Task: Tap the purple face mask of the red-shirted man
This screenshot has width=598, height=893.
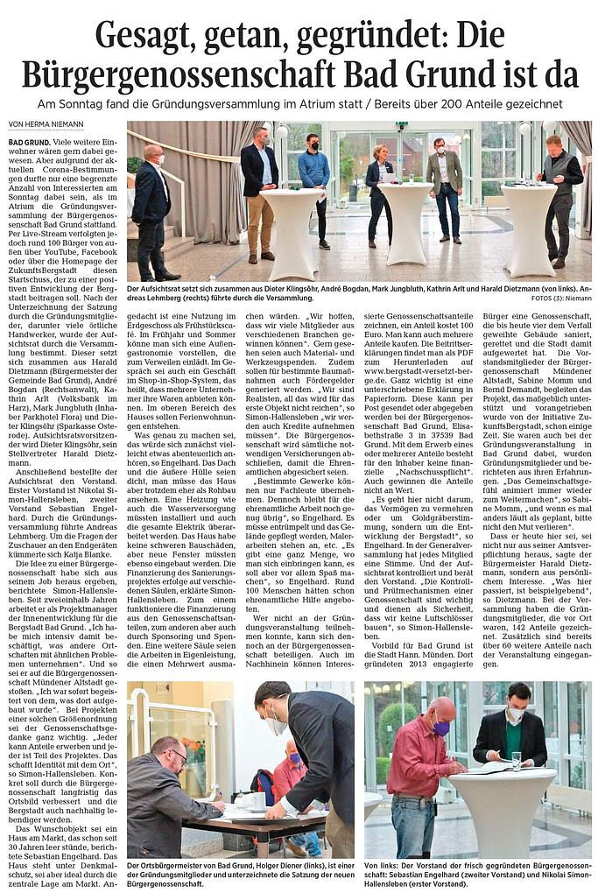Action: pos(440,728)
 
